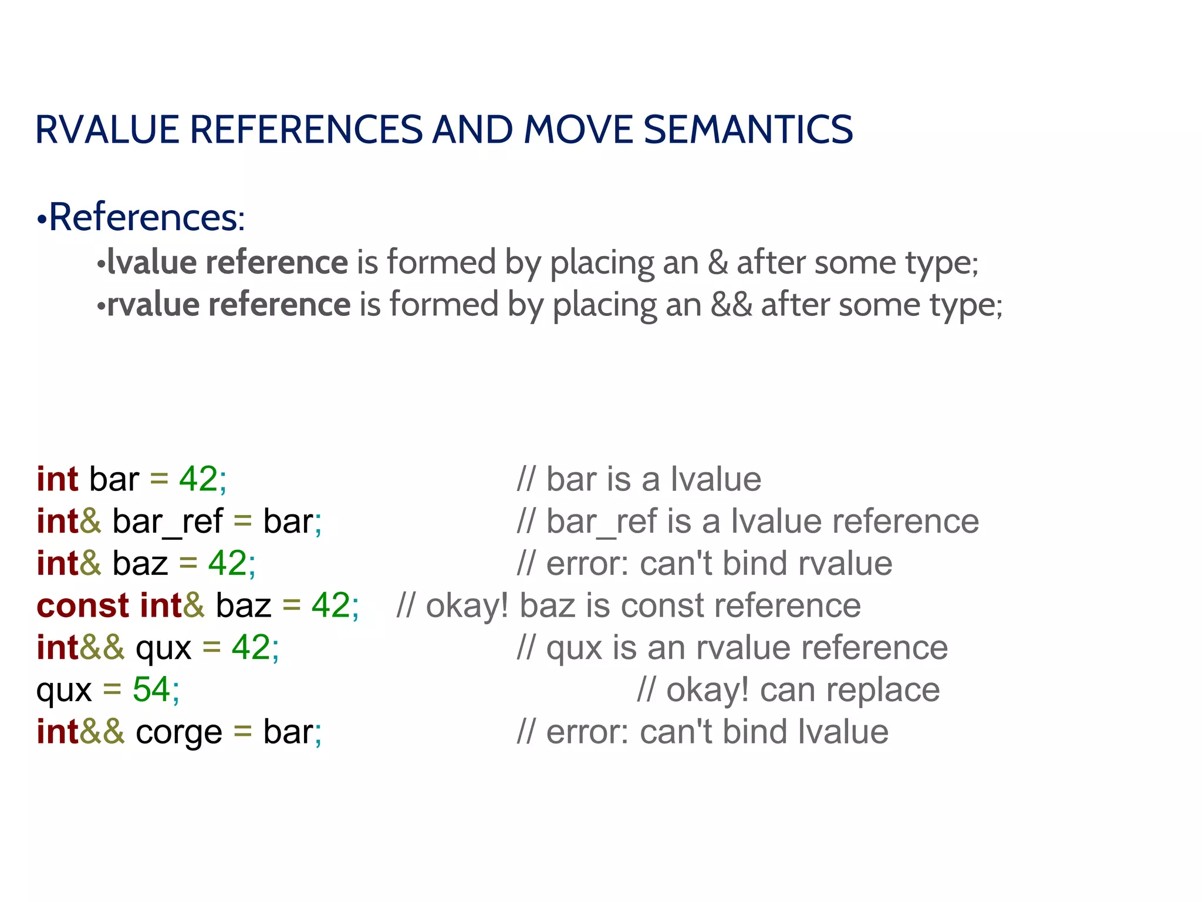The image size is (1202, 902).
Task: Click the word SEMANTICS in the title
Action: [748, 129]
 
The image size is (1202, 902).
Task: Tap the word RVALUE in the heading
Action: [107, 129]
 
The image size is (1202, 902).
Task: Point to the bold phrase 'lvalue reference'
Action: [228, 262]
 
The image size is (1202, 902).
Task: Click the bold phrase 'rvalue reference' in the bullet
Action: [229, 304]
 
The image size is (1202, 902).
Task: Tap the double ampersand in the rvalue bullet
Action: [731, 304]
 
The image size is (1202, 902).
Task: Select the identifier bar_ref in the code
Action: [167, 521]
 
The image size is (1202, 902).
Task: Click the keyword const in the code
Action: [82, 605]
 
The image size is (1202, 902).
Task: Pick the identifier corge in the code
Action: [179, 732]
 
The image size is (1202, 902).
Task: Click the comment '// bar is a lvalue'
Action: [639, 479]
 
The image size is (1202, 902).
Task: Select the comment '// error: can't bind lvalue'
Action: [703, 732]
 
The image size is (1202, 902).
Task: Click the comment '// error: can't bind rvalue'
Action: [704, 563]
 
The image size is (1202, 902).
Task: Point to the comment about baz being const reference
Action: [628, 605]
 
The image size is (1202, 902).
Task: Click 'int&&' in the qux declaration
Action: [80, 647]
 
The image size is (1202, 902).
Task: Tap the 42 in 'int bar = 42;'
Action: [198, 479]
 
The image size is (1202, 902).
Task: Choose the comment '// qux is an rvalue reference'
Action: [732, 647]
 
